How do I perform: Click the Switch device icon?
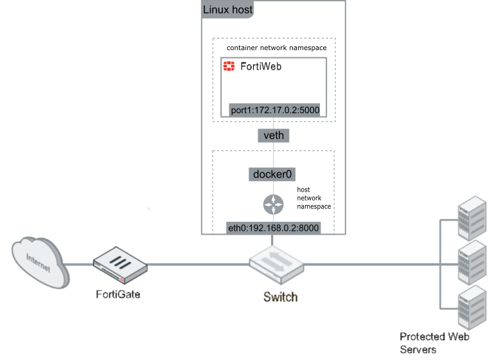[276, 265]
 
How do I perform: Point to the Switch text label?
[281, 297]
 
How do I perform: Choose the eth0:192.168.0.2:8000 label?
[273, 228]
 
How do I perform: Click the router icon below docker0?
[273, 205]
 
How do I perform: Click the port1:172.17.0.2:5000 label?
[274, 110]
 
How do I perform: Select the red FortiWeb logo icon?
[228, 66]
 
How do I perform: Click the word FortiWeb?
[260, 66]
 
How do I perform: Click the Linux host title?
[228, 10]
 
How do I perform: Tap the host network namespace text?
[313, 198]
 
